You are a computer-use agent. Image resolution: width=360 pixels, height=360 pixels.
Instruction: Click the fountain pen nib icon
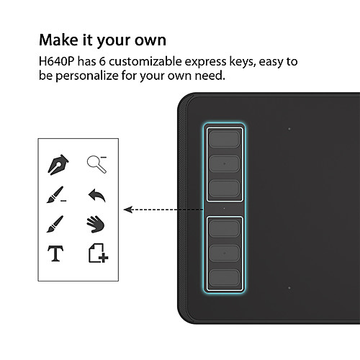pos(58,165)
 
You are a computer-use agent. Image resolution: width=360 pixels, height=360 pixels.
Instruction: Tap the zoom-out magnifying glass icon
pos(96,164)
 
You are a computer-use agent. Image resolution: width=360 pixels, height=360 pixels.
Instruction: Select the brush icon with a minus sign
pos(56,194)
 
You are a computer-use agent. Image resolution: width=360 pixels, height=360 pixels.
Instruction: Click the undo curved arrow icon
pos(96,195)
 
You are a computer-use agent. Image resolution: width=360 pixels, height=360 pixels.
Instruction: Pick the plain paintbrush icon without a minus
pos(55,224)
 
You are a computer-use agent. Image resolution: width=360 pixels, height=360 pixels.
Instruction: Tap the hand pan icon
pos(96,224)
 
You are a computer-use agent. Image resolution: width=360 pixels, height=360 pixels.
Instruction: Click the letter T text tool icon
pos(55,253)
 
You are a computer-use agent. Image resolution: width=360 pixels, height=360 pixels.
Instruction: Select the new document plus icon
pos(98,253)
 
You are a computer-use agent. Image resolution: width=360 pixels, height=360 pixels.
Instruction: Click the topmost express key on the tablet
pos(224,139)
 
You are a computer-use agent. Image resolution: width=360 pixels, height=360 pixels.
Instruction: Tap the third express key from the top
pos(224,188)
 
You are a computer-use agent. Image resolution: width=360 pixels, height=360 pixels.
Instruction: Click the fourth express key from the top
pos(224,229)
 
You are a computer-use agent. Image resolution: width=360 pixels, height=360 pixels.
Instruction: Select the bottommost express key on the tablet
pos(224,278)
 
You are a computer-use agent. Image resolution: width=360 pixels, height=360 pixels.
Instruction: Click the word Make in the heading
pos(58,40)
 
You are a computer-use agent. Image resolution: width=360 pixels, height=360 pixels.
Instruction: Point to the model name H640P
pos(56,61)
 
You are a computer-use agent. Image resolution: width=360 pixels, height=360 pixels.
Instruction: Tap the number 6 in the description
pos(102,61)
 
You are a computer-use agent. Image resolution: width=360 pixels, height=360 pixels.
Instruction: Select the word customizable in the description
pos(145,61)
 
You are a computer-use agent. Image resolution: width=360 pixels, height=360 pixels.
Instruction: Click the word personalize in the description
pos(87,76)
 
